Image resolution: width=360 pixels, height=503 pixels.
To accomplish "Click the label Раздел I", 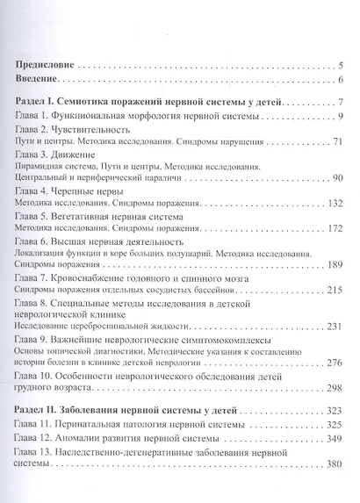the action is point(40,103).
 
